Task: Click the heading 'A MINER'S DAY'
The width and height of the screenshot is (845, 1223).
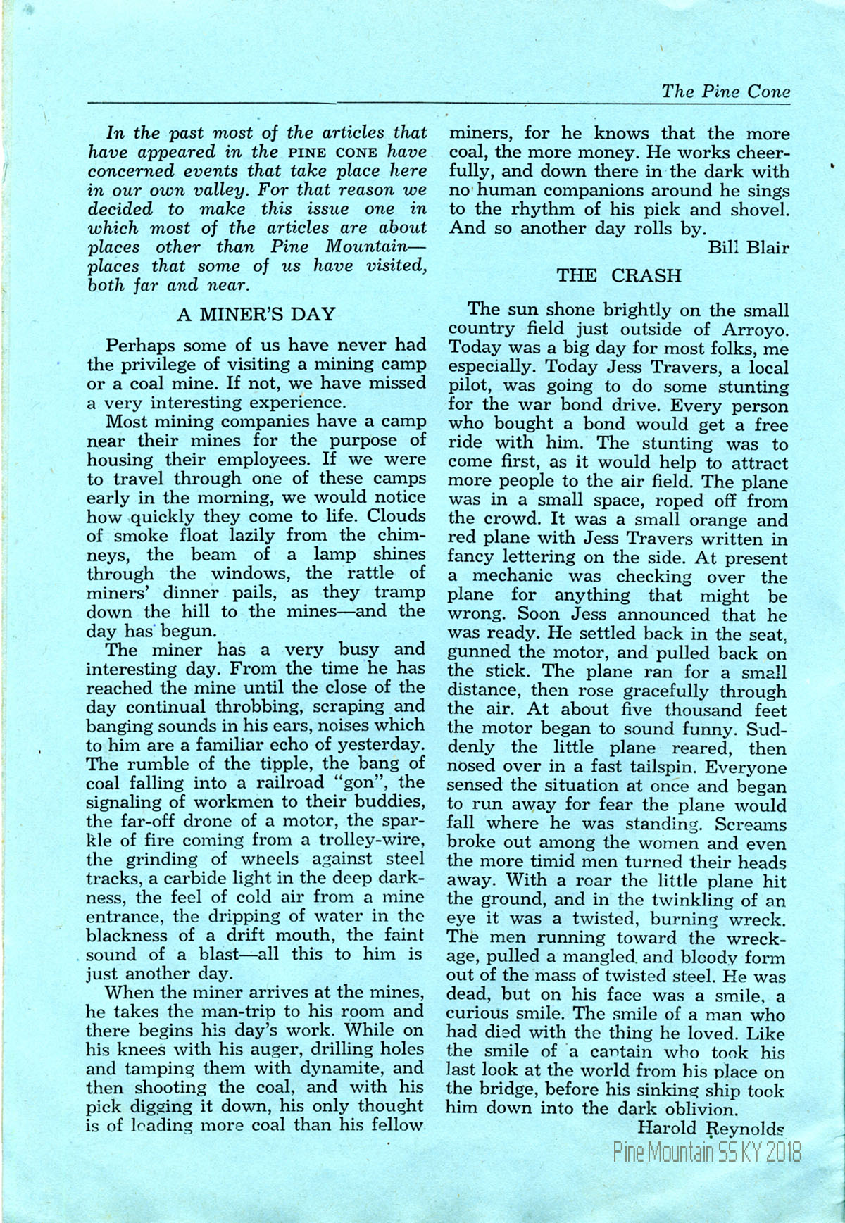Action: pyautogui.click(x=256, y=314)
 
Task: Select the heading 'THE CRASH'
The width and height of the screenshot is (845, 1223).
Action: pyautogui.click(x=619, y=275)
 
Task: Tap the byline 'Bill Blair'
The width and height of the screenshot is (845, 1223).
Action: pyautogui.click(x=749, y=247)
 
